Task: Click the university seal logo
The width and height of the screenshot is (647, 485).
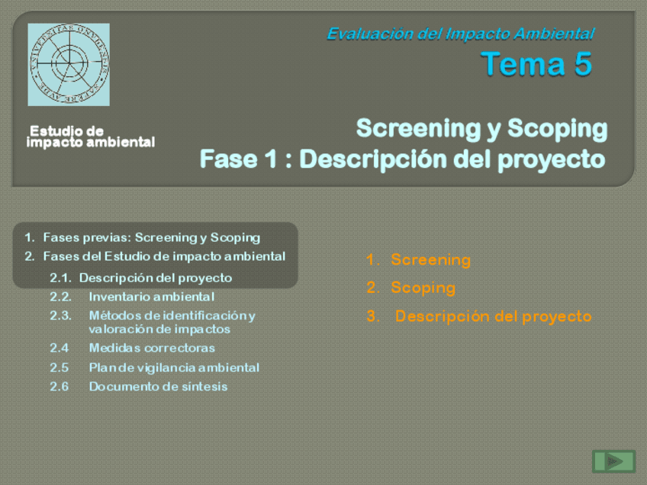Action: [x=69, y=64]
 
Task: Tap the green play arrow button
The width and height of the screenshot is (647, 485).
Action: [x=613, y=461]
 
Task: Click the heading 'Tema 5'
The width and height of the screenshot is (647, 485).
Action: [x=536, y=64]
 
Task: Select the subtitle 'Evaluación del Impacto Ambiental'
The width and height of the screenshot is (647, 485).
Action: [x=461, y=34]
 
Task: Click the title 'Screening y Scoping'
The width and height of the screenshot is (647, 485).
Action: [x=481, y=128]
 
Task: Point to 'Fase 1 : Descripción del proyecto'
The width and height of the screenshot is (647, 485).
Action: [x=402, y=159]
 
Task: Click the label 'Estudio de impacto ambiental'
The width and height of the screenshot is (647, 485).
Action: [x=90, y=137]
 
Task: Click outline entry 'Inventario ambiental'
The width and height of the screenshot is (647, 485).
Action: [x=151, y=297]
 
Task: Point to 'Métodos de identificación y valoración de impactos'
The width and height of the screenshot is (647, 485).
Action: [x=172, y=323]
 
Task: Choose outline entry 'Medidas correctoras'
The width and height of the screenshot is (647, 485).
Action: [x=152, y=348]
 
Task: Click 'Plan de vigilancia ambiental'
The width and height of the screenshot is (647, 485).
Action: [x=174, y=368]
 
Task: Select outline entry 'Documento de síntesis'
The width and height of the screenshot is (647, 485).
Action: [x=158, y=387]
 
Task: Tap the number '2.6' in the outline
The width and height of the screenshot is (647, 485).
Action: [x=60, y=387]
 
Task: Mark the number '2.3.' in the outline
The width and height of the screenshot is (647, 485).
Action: [x=61, y=316]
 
